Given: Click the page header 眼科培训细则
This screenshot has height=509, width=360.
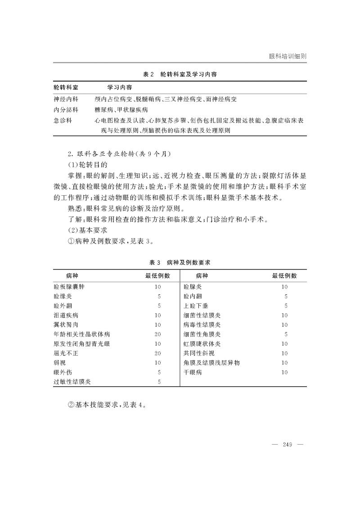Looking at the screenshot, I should click(x=288, y=57).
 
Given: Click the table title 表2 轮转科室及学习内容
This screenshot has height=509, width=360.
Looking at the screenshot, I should click(x=180, y=74).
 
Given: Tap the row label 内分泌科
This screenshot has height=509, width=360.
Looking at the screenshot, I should click(x=66, y=110).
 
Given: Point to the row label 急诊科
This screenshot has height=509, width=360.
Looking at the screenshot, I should click(x=63, y=121).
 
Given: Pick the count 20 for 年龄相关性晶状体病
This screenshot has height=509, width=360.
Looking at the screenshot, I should click(x=157, y=334).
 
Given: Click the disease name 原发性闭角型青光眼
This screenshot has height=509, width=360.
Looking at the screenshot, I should click(x=81, y=344).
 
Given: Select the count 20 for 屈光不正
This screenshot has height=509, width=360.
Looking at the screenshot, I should click(x=157, y=353).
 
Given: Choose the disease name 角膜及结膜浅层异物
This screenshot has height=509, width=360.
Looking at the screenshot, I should click(x=211, y=363).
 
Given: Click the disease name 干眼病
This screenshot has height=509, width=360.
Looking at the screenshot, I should click(x=193, y=373).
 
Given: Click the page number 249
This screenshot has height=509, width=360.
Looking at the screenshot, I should click(x=288, y=445).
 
